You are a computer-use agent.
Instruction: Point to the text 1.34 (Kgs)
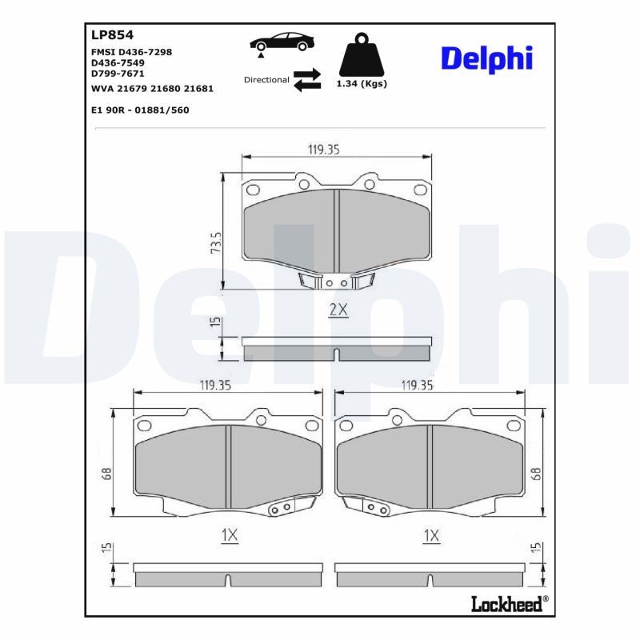361,83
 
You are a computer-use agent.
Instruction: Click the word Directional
266,80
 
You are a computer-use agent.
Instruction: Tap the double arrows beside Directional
306,80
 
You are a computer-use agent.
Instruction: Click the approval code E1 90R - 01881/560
141,110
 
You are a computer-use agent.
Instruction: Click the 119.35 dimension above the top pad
326,149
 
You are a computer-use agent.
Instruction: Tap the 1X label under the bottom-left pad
230,535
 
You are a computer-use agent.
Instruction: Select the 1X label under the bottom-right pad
431,535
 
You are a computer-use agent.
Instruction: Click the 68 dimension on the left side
106,474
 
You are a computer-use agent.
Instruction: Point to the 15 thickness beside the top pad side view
214,322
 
